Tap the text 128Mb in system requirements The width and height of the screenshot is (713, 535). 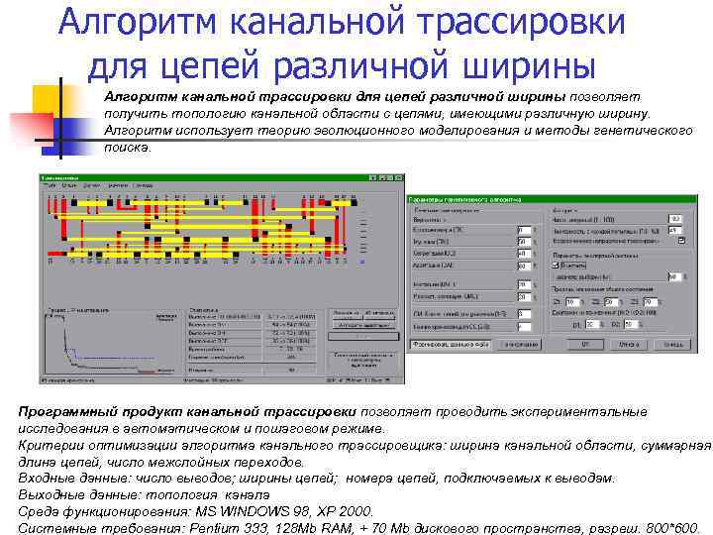pyautogui.click(x=342, y=528)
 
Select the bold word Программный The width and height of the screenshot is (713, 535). pyautogui.click(x=65, y=411)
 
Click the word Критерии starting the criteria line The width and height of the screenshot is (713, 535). pyautogui.click(x=50, y=445)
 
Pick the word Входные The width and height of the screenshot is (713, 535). pyautogui.click(x=47, y=478)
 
